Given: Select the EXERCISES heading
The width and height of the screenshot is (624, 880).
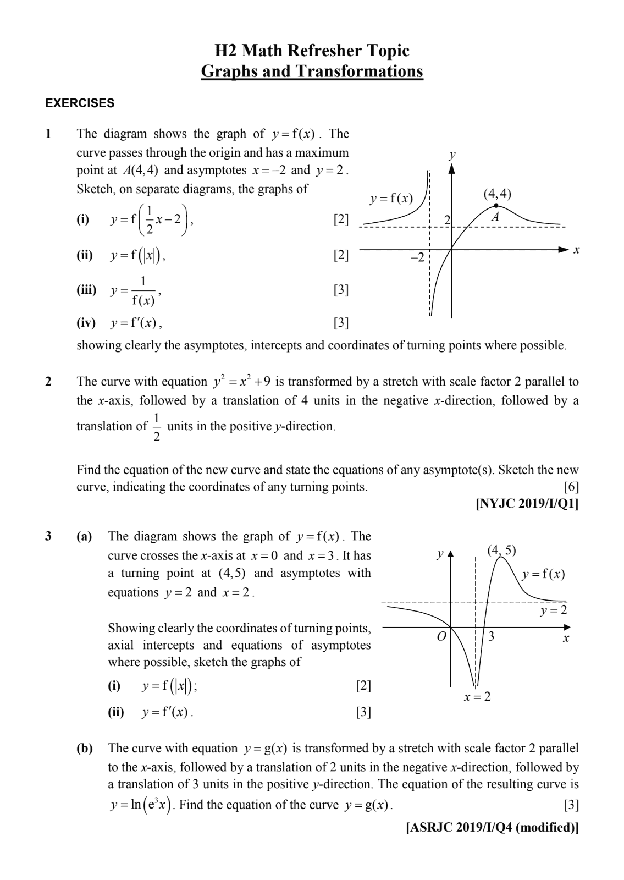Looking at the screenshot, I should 80,103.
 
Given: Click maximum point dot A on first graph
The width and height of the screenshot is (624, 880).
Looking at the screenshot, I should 496,206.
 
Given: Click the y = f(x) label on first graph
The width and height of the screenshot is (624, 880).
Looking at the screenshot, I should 391,199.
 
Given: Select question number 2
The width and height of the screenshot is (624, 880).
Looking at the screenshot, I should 48,382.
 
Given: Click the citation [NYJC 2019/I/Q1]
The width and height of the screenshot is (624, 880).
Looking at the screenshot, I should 527,504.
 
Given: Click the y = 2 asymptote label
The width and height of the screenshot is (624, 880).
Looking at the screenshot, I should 553,610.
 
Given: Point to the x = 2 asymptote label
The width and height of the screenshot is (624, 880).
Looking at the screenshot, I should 477,697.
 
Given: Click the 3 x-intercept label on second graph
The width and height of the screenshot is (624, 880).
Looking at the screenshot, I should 492,637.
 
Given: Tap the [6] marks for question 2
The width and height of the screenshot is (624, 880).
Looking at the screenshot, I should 571,487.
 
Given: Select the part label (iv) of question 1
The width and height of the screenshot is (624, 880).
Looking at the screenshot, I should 86,323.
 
